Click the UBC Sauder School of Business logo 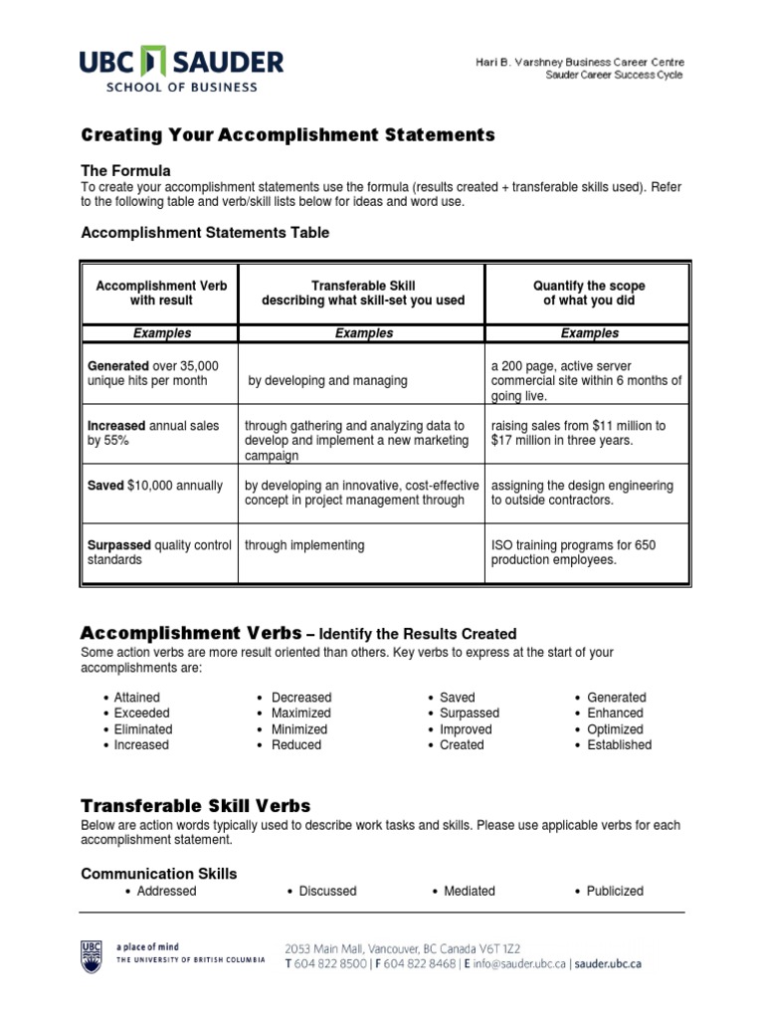tap(182, 69)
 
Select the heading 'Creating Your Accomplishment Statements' tap(286, 134)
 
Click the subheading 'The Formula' tap(125, 170)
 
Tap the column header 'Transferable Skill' tap(362, 286)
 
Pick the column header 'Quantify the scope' tap(588, 286)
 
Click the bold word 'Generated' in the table tap(118, 366)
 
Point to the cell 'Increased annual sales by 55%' tap(153, 433)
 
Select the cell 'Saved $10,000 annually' tap(155, 486)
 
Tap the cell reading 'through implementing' tap(304, 545)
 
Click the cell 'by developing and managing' tap(327, 381)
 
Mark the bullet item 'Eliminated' tap(143, 728)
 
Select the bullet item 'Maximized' tap(301, 713)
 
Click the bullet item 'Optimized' tap(615, 728)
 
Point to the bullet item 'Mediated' tap(468, 891)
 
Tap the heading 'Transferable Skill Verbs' tap(195, 805)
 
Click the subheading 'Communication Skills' tap(158, 874)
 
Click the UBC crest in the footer tap(91, 954)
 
